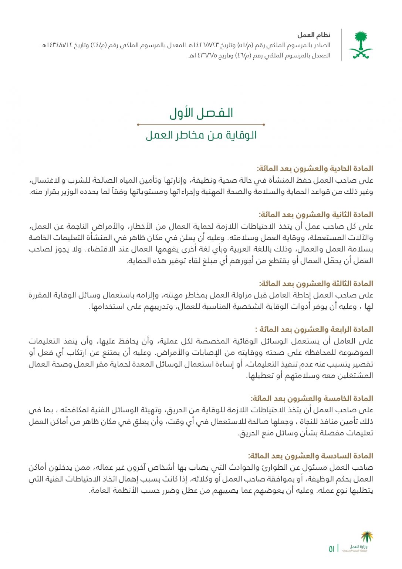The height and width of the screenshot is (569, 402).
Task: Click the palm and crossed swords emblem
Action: [x=360, y=45]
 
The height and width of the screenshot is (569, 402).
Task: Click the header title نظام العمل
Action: [x=314, y=35]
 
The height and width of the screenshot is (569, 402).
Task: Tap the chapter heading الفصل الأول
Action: [x=201, y=113]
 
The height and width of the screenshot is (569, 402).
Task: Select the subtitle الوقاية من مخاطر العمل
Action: [x=201, y=135]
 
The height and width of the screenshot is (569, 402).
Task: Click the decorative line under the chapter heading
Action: [x=201, y=124]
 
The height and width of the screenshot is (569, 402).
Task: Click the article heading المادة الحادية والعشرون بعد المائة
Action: [x=315, y=169]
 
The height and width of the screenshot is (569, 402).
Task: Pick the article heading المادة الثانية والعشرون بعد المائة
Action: [x=316, y=214]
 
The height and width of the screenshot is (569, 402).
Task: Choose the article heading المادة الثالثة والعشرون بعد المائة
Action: [x=316, y=284]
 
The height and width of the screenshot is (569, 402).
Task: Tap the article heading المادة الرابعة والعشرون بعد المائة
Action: [x=314, y=329]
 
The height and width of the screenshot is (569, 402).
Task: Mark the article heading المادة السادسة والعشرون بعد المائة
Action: [x=311, y=456]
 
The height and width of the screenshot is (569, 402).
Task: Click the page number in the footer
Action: [x=331, y=549]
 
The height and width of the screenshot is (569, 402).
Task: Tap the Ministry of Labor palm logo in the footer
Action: [x=367, y=537]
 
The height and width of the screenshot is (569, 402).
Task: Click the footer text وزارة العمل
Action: [x=358, y=547]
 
